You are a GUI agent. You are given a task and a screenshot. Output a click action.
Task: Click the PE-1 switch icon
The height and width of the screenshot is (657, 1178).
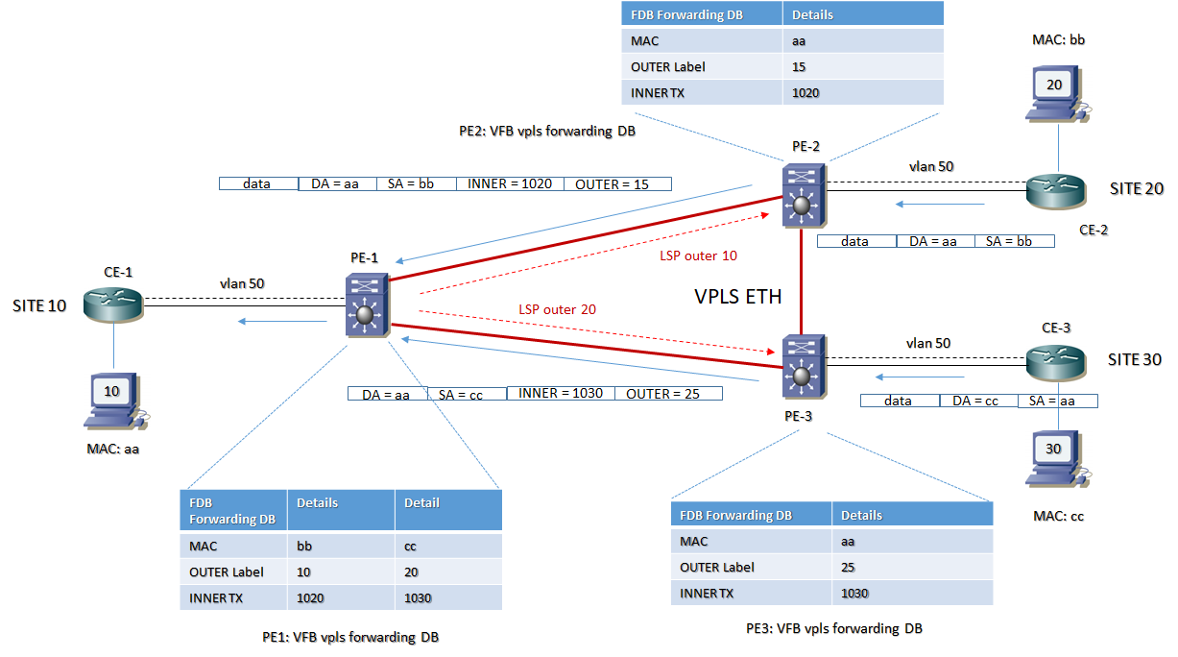366,304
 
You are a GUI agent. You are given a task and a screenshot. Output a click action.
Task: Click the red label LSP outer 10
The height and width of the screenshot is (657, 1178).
698,255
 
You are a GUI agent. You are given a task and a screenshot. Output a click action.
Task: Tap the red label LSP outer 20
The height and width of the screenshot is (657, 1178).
558,308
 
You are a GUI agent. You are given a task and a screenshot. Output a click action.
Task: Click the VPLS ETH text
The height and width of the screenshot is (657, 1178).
737,297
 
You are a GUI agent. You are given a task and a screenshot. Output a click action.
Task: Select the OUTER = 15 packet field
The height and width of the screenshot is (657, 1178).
615,183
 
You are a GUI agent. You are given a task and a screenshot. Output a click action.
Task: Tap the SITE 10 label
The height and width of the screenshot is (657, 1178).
39,306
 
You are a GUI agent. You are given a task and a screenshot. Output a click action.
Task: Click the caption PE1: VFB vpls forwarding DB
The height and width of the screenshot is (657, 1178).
350,637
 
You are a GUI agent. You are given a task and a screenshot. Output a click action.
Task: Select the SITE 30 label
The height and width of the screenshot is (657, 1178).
1135,359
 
